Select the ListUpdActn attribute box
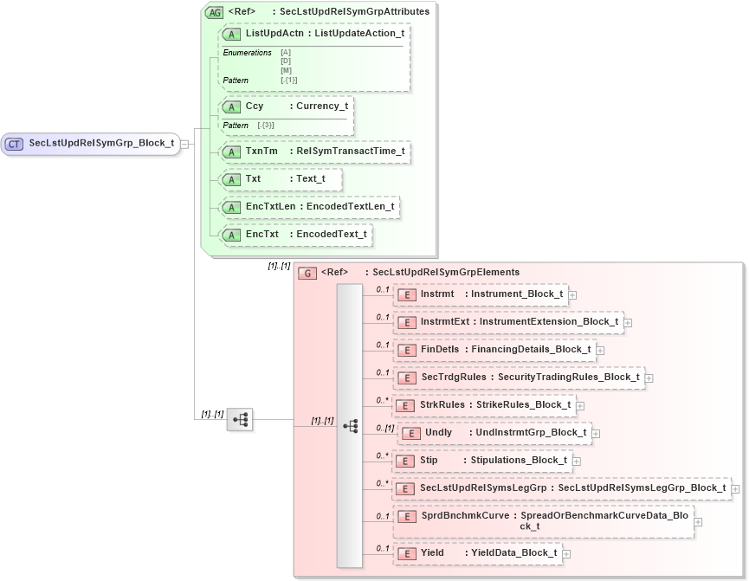coord(315,34)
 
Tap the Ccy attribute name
coord(255,107)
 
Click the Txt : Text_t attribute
coord(281,179)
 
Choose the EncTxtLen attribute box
coord(310,207)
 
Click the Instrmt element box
coord(481,294)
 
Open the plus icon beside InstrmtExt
coord(628,322)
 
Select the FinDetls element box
coord(495,350)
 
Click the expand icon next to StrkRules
coord(580,405)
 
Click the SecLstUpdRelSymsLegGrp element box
coord(561,488)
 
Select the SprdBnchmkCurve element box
coord(544,521)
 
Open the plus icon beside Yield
coord(566,553)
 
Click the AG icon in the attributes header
coord(213,12)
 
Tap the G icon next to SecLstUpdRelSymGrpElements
coord(307,273)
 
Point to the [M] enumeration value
coord(286,70)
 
